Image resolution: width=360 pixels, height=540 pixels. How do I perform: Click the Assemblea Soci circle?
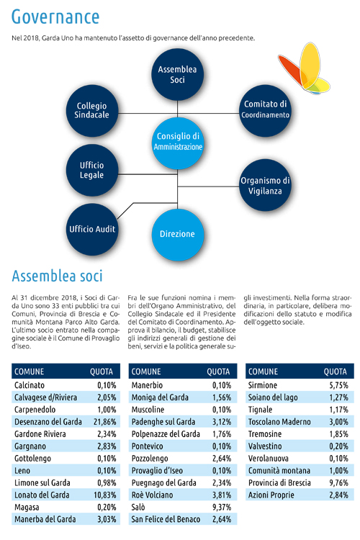coord(177,74)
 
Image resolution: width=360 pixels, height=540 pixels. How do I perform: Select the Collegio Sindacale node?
coord(92,111)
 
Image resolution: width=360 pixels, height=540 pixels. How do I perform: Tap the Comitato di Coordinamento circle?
coord(265,111)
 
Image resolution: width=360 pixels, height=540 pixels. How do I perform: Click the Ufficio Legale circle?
coord(92,170)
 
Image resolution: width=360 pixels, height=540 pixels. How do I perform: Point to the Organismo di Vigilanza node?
coord(265,185)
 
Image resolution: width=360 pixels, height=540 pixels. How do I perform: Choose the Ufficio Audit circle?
coord(92,229)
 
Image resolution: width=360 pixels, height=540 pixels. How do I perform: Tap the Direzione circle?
coord(177,235)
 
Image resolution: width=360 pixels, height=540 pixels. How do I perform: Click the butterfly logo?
coord(304,68)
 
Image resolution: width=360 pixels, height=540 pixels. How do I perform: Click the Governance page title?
coord(55,17)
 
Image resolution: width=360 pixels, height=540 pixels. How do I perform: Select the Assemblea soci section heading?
coord(57,276)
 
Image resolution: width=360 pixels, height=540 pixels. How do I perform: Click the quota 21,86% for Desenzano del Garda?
coord(104,422)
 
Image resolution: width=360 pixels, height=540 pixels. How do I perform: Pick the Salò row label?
coord(138,508)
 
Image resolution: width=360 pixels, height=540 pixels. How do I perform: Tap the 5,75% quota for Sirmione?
coord(338,385)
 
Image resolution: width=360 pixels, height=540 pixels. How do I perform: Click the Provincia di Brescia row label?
coord(279,483)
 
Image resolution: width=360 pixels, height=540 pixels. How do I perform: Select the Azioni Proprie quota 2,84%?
coord(338,495)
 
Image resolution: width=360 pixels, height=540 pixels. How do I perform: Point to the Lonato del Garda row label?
coord(42,495)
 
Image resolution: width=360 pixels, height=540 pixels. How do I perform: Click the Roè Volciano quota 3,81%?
coord(222,495)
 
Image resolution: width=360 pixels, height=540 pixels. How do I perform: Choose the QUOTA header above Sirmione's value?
coord(335,372)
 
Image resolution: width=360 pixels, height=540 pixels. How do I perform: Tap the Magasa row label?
coord(27,508)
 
